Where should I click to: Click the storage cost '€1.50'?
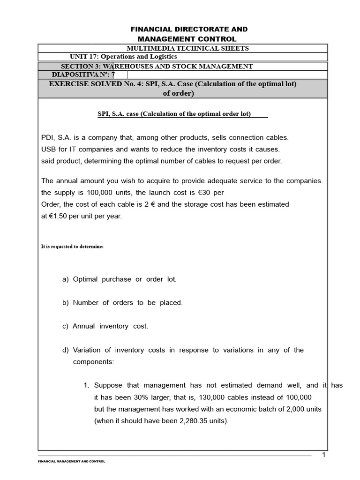(57, 216)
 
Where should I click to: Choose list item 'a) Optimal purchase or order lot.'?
(120, 279)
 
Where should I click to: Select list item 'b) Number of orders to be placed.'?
(122, 303)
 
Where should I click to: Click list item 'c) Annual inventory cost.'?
(105, 326)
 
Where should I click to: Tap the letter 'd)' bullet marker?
(65, 350)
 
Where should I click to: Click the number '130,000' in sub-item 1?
(196, 397)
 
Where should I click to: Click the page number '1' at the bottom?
(323, 455)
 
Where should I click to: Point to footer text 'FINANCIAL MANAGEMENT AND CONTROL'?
(71, 462)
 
